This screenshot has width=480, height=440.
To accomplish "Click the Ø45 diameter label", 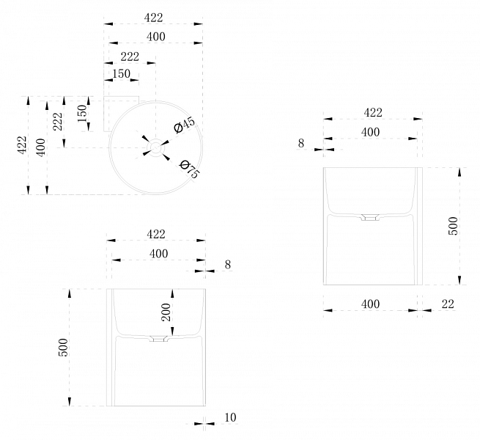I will (x=185, y=125).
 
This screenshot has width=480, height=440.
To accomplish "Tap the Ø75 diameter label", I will (x=189, y=169).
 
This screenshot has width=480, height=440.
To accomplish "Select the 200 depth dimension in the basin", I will (x=166, y=313).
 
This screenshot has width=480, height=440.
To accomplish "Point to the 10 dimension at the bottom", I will (x=230, y=417).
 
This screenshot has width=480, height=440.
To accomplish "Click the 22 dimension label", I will (x=448, y=304).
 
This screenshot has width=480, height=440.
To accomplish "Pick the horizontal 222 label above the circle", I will (x=129, y=57).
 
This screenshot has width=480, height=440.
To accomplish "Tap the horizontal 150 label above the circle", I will (x=121, y=74).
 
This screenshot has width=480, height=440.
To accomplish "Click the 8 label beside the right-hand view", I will (x=300, y=144).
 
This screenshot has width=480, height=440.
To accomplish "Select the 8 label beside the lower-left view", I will (x=228, y=265).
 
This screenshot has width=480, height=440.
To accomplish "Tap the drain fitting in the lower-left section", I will (x=158, y=340).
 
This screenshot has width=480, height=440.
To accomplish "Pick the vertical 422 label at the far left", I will (x=21, y=145).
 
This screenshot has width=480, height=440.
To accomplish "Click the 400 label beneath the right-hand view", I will (x=370, y=304).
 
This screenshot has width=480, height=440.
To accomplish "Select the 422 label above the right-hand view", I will (x=373, y=113).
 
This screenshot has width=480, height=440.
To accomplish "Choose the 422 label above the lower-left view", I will (x=155, y=234).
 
